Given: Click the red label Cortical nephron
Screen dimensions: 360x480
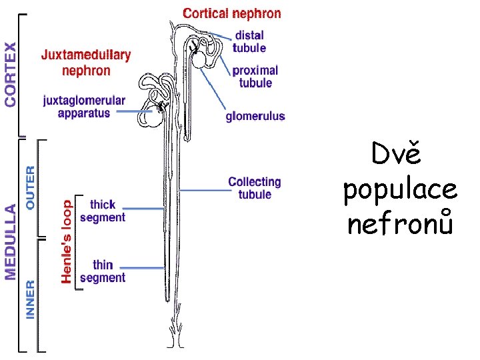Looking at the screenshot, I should [231, 13].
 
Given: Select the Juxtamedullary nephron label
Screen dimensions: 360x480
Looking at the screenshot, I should [86, 62].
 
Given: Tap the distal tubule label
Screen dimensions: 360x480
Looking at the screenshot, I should [249, 41].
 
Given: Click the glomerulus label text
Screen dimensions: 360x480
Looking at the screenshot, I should [255, 116].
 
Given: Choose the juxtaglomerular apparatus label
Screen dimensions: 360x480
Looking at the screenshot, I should [84, 107].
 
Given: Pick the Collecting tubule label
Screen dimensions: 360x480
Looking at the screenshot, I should [255, 187].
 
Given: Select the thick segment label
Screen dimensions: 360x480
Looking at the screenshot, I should [102, 211].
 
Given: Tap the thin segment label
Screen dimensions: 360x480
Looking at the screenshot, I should [102, 271].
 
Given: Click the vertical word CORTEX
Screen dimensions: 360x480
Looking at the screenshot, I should [11, 74].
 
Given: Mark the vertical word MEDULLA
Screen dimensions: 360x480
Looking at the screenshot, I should [11, 233].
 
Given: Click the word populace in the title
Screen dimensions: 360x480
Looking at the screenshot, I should [400, 189].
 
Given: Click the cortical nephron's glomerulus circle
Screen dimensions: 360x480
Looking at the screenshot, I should [199, 59].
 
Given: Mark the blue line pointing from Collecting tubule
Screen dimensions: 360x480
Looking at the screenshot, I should [203, 191].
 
